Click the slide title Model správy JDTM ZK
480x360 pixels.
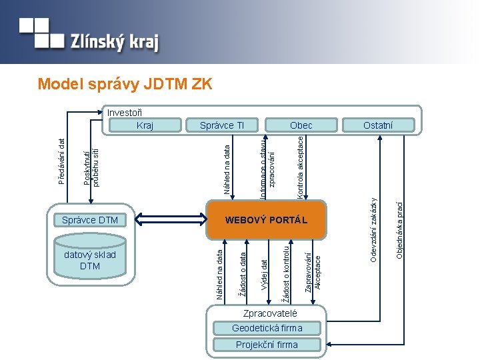[125, 84]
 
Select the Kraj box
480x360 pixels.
[145, 125]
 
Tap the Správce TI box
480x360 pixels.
[223, 125]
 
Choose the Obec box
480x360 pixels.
[301, 125]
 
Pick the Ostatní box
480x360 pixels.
[378, 125]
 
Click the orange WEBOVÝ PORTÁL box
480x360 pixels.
[266, 219]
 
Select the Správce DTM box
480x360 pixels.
[90, 220]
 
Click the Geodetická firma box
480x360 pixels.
[267, 328]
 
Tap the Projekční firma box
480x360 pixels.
[267, 345]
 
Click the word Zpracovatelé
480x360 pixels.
[265, 313]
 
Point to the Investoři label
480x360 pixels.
[125, 113]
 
